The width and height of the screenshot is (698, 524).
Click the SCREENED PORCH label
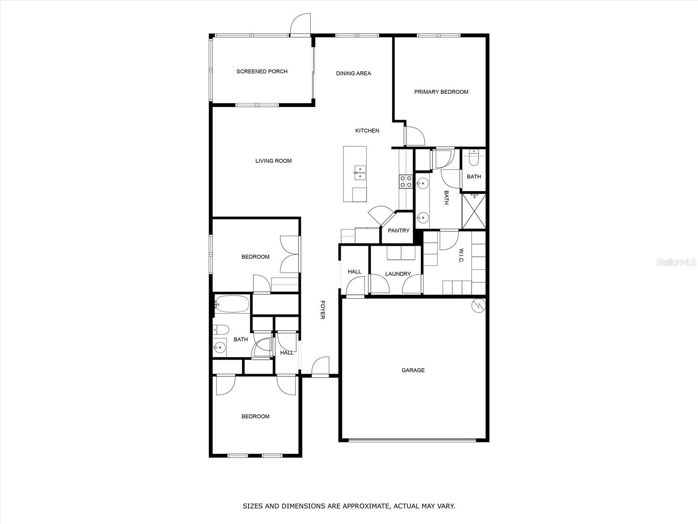(262, 72)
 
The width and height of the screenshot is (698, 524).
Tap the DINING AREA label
(353, 73)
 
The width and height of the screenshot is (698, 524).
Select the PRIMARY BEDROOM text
(441, 92)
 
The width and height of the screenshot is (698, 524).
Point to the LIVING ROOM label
(274, 161)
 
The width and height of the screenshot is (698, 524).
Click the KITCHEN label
(367, 131)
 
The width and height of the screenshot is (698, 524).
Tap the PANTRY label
(399, 231)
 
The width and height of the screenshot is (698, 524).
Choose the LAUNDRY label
(398, 274)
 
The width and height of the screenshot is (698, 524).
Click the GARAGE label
(413, 370)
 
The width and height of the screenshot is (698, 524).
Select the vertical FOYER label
(322, 310)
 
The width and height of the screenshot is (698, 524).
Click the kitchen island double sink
(360, 173)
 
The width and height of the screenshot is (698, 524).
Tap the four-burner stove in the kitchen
(406, 182)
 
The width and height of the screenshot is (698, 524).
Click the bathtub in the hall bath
(232, 303)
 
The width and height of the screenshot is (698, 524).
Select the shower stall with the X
(473, 211)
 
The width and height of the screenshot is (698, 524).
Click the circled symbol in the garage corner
(479, 305)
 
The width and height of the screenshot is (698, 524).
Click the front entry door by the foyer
(321, 367)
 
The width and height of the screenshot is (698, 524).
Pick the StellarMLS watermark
(679, 262)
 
